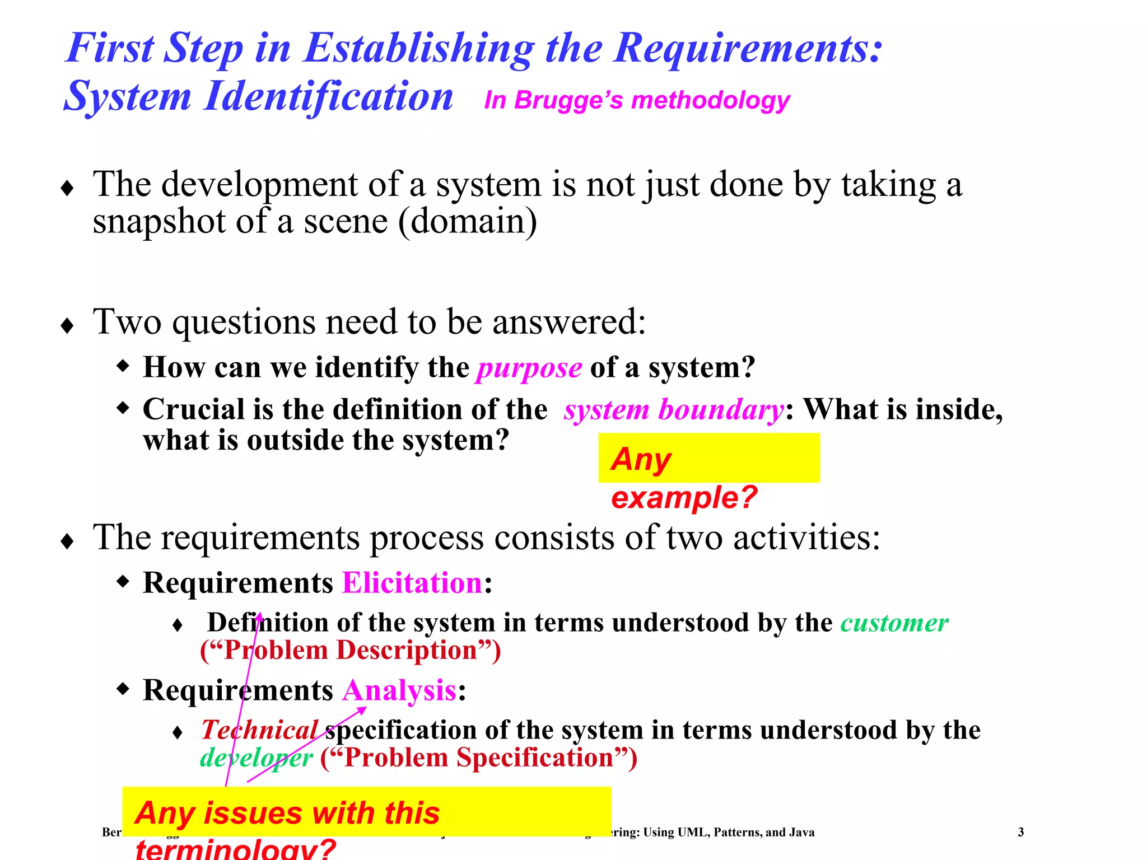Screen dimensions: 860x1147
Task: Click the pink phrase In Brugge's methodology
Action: coord(637,101)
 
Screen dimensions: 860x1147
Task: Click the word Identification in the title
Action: coord(328,96)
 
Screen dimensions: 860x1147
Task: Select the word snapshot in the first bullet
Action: coord(159,222)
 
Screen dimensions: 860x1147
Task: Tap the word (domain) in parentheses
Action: coord(468,222)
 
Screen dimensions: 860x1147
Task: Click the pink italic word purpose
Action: coord(529,368)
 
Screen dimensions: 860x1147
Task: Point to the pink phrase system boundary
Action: coord(673,410)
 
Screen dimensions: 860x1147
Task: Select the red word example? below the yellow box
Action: coord(684,497)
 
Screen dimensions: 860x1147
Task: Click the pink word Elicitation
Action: coord(412,583)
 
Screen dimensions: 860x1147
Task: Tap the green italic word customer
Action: coord(894,623)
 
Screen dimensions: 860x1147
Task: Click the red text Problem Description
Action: coord(351,651)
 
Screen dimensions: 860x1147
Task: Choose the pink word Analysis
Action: coord(399,690)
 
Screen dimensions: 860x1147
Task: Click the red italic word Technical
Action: coord(259,730)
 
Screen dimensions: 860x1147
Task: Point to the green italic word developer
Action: coord(256,758)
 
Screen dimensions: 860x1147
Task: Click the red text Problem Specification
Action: coord(479,758)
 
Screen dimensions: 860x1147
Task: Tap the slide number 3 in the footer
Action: coord(1020,832)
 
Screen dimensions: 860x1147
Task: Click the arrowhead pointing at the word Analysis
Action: coord(363,710)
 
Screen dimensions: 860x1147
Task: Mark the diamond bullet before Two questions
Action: coord(67,325)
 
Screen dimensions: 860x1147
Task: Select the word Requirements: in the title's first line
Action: coord(748,48)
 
